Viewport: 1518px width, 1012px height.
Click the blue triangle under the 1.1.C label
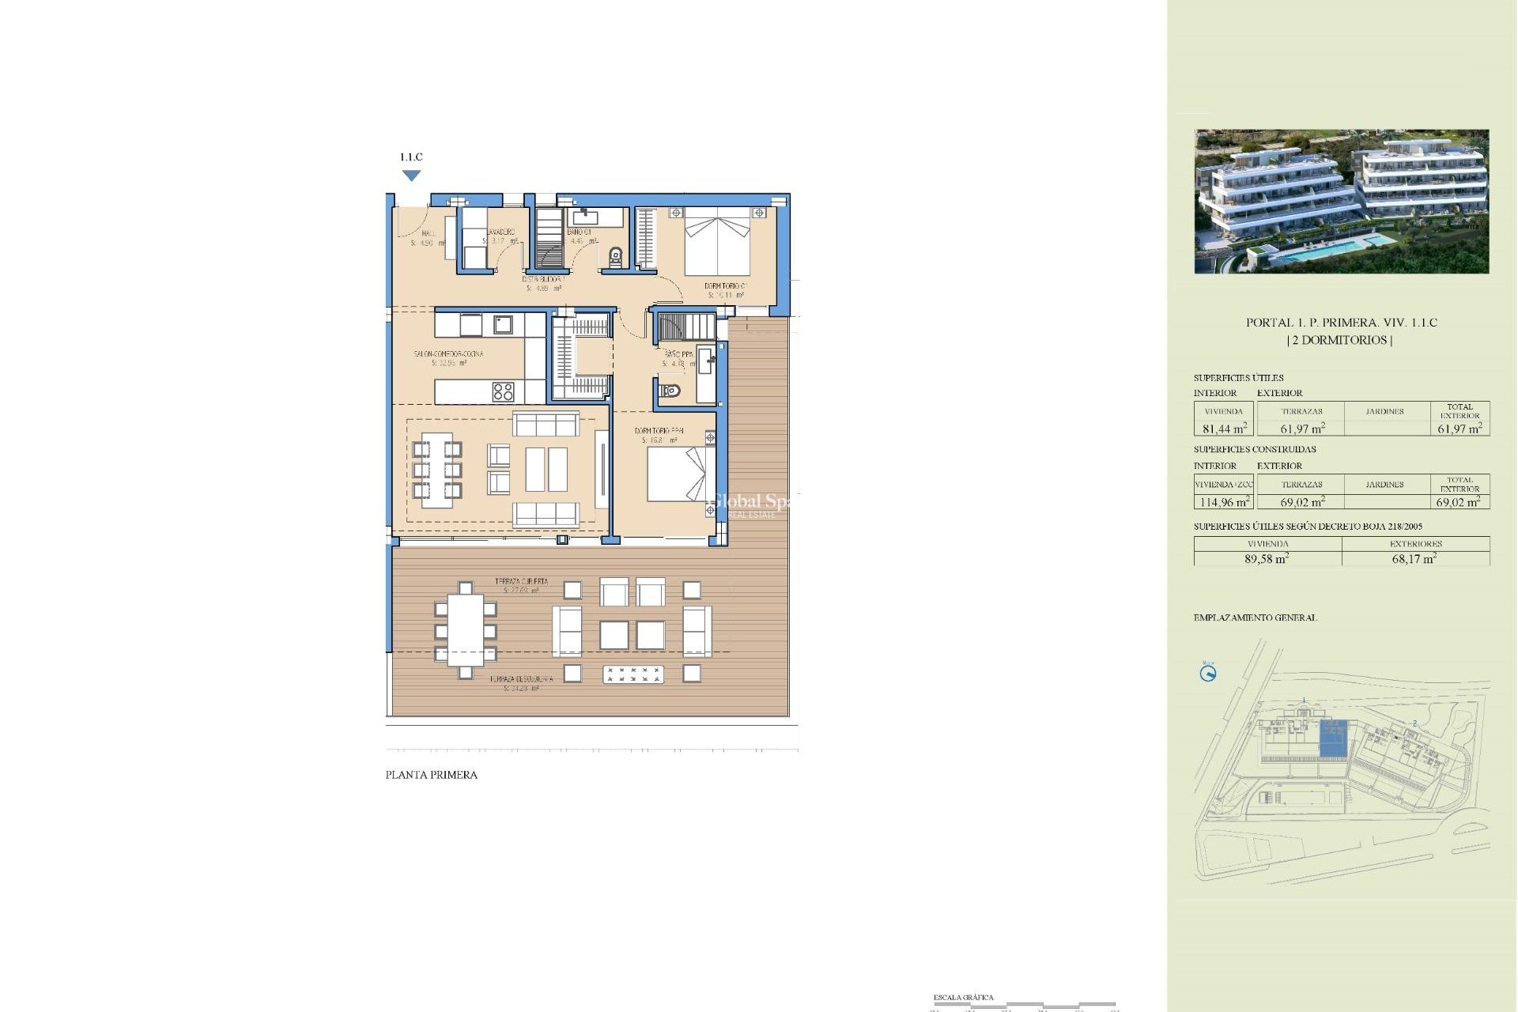[411, 176]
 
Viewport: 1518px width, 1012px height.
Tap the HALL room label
[428, 234]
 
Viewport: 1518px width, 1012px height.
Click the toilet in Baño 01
[616, 256]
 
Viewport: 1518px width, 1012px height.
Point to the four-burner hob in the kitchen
[503, 391]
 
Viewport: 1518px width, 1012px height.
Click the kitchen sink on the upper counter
[503, 323]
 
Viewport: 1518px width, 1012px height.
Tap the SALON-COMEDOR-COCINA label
[448, 354]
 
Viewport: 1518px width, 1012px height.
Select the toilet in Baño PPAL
[671, 390]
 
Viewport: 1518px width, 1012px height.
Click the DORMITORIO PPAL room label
[659, 431]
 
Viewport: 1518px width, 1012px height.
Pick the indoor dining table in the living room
[436, 470]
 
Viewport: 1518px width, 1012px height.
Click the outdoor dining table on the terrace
[465, 630]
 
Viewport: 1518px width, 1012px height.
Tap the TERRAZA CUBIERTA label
[521, 581]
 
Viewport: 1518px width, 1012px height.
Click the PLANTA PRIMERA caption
[431, 775]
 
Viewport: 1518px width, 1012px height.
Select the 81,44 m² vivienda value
[1224, 429]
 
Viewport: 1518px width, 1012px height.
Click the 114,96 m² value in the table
[1224, 502]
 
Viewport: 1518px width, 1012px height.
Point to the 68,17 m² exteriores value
[1414, 558]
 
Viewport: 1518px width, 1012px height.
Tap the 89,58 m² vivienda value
[1267, 558]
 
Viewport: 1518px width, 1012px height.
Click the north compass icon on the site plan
[1208, 674]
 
